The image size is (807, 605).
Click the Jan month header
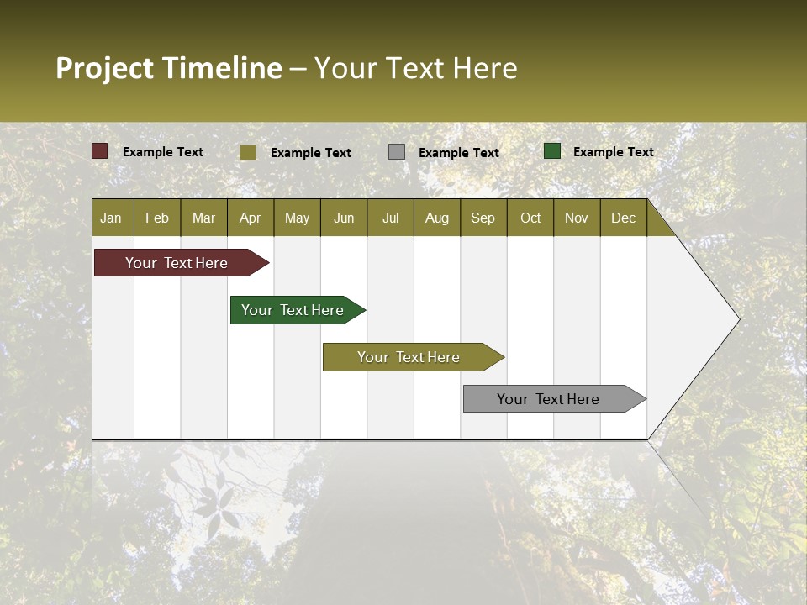click(x=111, y=218)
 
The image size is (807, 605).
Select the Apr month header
click(x=250, y=218)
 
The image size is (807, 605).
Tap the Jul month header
click(x=390, y=218)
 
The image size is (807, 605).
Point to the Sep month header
click(x=483, y=218)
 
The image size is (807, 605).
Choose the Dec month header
click(x=623, y=218)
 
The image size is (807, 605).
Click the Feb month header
click(x=157, y=218)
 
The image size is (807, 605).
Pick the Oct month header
click(x=530, y=218)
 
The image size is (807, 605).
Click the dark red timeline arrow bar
click(x=177, y=263)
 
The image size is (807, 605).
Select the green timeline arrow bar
click(x=293, y=310)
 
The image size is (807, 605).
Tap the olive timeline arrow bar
click(x=409, y=357)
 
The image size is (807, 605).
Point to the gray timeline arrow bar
click(x=548, y=399)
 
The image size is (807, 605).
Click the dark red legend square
click(x=100, y=151)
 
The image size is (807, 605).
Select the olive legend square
click(x=248, y=152)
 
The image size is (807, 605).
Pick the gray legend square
click(x=397, y=152)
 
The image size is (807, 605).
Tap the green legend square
click(x=552, y=151)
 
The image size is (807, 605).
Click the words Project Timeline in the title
click(x=168, y=68)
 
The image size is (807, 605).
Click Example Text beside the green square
click(x=613, y=152)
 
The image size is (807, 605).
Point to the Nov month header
click(x=577, y=218)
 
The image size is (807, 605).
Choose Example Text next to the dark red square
click(x=163, y=152)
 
